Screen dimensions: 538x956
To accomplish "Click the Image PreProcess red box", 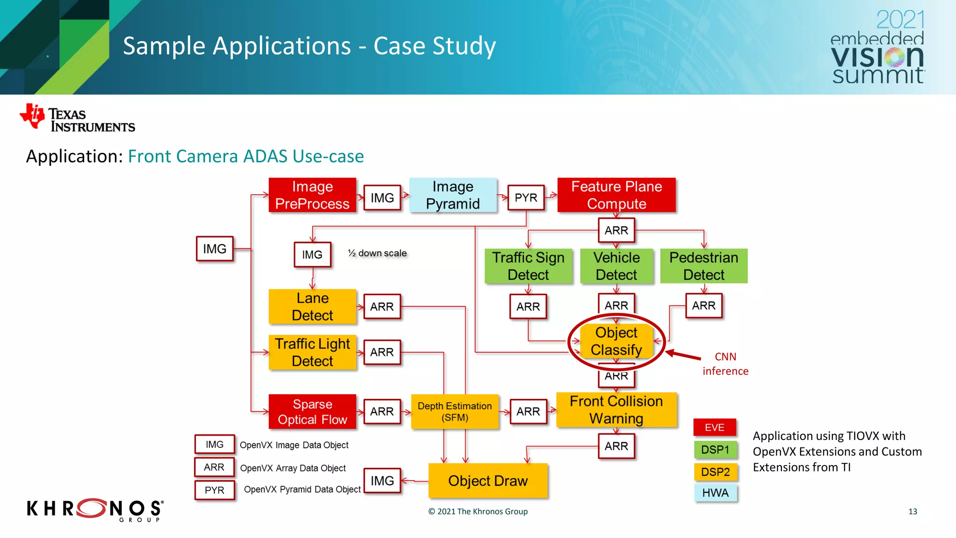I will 312,195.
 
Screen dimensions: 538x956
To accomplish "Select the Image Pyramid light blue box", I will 453,195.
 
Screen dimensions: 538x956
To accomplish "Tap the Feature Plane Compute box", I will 616,195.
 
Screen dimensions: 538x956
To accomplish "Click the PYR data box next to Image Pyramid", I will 526,198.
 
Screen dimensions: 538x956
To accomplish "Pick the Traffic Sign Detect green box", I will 528,266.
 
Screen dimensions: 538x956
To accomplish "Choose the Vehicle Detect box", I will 616,266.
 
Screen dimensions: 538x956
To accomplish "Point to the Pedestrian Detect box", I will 703,266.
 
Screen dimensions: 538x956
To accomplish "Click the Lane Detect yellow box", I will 312,307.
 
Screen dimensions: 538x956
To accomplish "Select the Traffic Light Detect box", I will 312,353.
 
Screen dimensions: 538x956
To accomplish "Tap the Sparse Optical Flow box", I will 312,412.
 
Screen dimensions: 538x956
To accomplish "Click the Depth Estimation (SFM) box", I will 455,412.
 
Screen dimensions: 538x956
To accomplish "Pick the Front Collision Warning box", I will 616,410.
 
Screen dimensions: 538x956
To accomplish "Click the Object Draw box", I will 488,481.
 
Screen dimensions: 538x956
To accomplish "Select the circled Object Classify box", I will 616,341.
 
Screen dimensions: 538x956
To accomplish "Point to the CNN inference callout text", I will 725,364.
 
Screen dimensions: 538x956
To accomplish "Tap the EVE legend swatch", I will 715,427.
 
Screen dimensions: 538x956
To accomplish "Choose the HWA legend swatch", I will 715,493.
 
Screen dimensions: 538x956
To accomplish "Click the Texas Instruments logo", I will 77,118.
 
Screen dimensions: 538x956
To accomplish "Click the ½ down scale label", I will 377,253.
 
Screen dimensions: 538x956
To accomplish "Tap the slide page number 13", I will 913,511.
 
